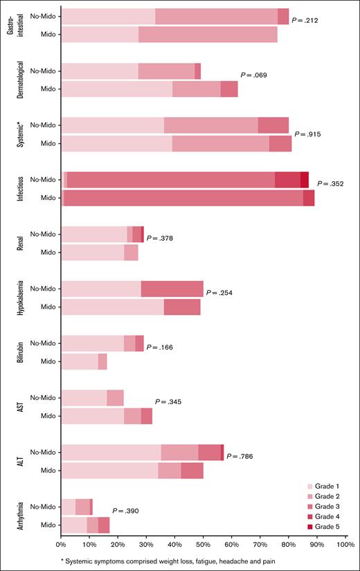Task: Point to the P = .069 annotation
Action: point(253,75)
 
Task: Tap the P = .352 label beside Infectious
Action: point(331,184)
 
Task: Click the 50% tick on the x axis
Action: point(204,546)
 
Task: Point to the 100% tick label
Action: point(345,546)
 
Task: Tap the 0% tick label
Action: point(62,546)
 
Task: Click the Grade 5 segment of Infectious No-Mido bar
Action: point(305,179)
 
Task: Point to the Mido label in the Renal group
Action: point(48,253)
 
